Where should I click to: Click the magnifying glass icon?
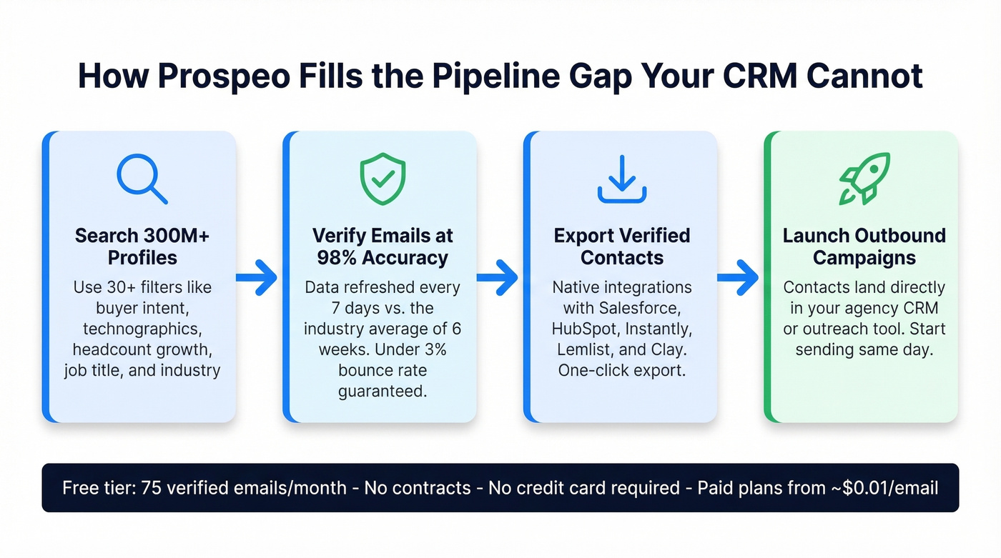tap(141, 178)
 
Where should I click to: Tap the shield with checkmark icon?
tap(382, 178)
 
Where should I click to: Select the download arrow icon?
tap(621, 179)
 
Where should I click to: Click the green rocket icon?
tap(864, 178)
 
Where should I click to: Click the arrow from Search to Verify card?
tap(257, 276)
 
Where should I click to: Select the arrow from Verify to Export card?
tap(498, 276)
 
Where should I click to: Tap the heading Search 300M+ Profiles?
tap(142, 246)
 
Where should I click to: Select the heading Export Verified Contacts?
tap(621, 246)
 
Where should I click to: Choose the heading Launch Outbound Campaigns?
tap(864, 246)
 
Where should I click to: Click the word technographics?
tap(142, 329)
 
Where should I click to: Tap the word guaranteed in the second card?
tap(382, 392)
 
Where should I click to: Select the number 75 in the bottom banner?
tap(152, 488)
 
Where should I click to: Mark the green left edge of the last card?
tap(767, 276)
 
